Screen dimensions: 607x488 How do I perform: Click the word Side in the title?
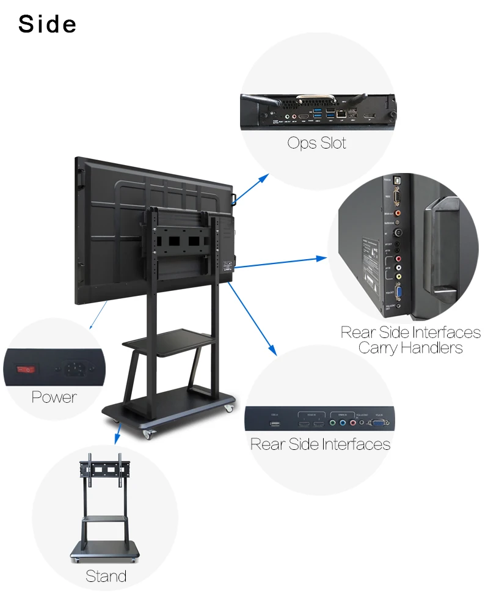tap(48, 24)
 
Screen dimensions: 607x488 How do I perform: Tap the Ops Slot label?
tap(316, 143)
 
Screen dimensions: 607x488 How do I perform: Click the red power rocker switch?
tap(26, 369)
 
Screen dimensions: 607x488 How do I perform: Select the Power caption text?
tap(54, 397)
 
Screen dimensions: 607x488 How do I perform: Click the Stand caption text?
tap(106, 576)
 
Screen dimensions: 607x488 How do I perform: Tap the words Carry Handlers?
tap(410, 348)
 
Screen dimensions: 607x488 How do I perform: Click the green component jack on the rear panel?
tap(333, 421)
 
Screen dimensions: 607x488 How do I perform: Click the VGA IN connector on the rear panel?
tap(379, 421)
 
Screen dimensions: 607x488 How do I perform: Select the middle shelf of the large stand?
tap(168, 340)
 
